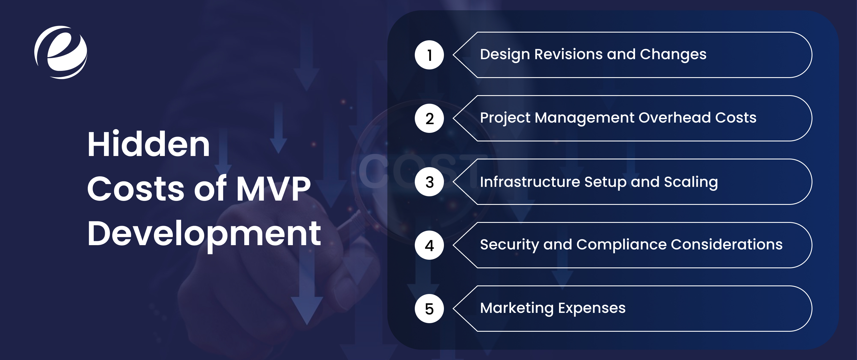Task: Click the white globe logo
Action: pyautogui.click(x=61, y=52)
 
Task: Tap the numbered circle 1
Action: pyautogui.click(x=429, y=55)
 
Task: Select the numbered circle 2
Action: pyautogui.click(x=429, y=119)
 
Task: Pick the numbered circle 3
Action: pyautogui.click(x=429, y=182)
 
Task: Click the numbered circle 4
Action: pyautogui.click(x=429, y=245)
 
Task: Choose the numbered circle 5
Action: pyautogui.click(x=429, y=309)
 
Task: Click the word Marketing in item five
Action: pyautogui.click(x=517, y=308)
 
